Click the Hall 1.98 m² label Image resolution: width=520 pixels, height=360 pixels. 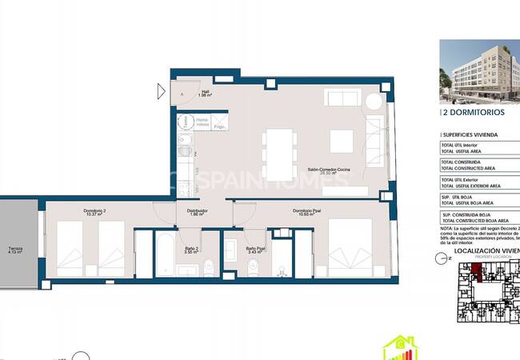(x=205, y=94)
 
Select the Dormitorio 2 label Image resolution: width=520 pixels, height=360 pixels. (x=94, y=212)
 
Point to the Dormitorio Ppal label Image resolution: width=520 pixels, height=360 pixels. (x=308, y=212)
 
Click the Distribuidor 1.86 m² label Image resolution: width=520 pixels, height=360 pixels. (x=198, y=214)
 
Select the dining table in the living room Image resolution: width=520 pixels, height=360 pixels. (x=278, y=154)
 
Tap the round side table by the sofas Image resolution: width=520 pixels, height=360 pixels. (x=374, y=102)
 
